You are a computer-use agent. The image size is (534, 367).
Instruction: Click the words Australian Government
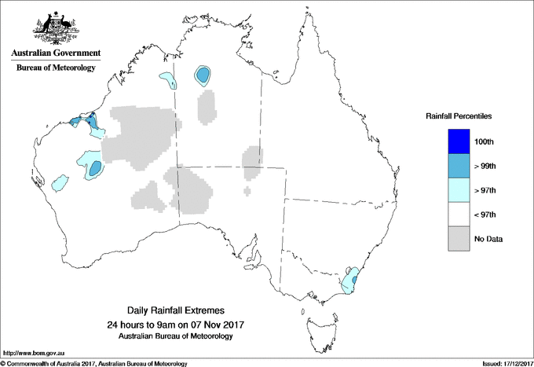(x=56, y=53)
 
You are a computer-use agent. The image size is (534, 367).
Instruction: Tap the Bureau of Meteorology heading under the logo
(x=56, y=68)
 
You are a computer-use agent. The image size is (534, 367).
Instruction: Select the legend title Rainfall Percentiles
(x=459, y=116)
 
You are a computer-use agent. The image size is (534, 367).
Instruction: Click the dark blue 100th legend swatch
(x=458, y=141)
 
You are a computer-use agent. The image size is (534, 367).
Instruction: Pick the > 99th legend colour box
(x=458, y=166)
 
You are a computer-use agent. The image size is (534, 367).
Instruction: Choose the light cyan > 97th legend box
(x=458, y=190)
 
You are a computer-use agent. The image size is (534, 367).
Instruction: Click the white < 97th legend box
(x=458, y=215)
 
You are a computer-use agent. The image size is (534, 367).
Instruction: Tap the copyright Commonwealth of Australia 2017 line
(x=94, y=363)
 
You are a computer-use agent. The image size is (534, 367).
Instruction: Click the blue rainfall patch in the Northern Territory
(x=203, y=75)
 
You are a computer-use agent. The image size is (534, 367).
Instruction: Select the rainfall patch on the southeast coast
(x=350, y=281)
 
